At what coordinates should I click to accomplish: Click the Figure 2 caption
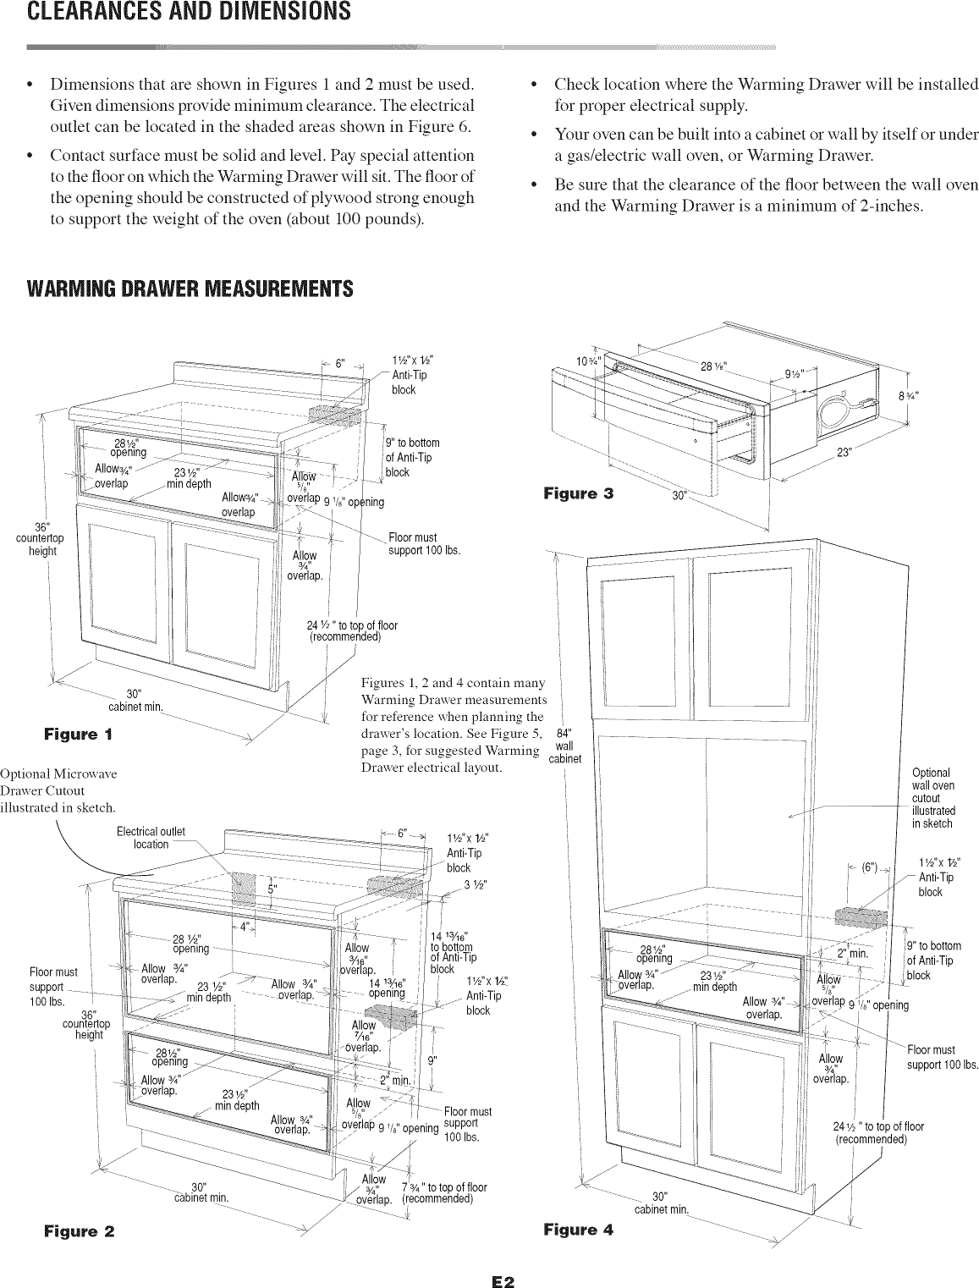click(x=80, y=1229)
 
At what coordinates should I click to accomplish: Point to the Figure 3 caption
click(x=578, y=493)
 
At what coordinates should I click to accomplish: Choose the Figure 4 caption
click(x=578, y=1229)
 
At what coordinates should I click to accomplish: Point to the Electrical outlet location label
click(x=151, y=838)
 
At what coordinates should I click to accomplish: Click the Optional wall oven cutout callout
click(x=932, y=797)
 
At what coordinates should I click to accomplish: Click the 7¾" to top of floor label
click(x=444, y=1192)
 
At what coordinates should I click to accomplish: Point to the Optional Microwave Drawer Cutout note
click(x=58, y=790)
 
